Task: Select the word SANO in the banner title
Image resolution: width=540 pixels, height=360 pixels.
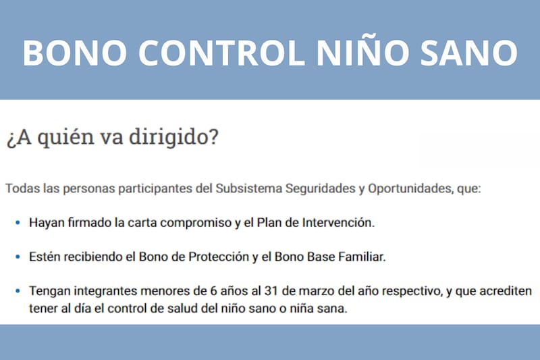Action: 471,51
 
